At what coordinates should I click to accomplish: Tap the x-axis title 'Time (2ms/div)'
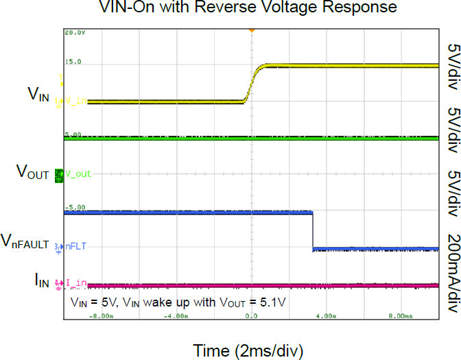248,351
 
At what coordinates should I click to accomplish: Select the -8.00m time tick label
101,316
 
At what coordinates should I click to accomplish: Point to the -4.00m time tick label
176,316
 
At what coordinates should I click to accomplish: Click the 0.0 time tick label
251,316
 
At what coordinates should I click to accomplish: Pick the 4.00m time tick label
326,316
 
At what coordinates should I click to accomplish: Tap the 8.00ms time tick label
401,316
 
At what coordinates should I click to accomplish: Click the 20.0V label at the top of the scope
74,33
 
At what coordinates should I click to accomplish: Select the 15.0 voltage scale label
73,62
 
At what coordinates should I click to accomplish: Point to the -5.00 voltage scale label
75,207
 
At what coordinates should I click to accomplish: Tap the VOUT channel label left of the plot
32,173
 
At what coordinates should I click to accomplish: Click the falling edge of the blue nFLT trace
313,231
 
